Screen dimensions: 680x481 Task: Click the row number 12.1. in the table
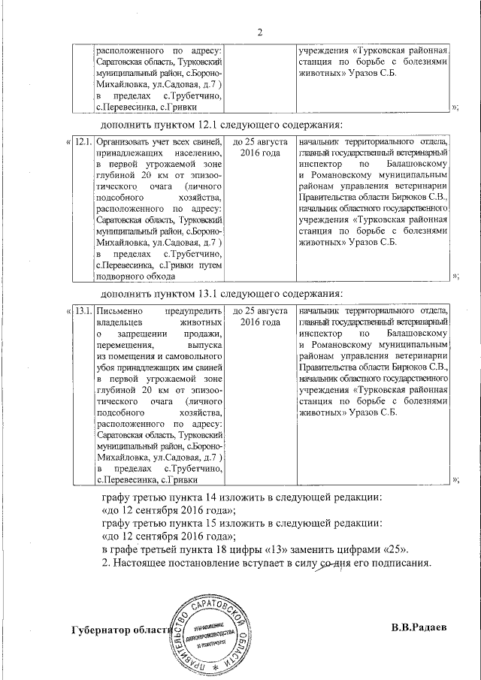pos(83,142)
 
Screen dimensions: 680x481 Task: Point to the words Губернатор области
pos(123,629)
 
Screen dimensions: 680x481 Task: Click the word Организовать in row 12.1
pos(129,142)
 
